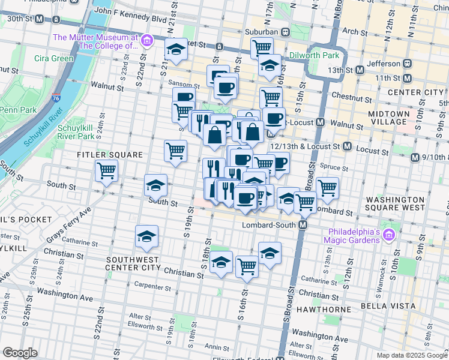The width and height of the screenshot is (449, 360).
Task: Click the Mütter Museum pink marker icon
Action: tap(146, 41)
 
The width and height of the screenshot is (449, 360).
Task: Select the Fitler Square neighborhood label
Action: tap(110, 155)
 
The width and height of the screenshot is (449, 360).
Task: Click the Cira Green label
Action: tap(53, 58)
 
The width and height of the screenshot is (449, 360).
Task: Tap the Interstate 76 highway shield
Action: tap(55, 89)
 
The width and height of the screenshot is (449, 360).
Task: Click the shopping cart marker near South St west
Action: tap(106, 171)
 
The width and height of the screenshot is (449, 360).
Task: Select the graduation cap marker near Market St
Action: tap(176, 50)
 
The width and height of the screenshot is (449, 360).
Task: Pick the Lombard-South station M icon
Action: tap(303, 224)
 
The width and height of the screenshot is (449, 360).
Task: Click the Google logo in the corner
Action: tap(20, 353)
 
